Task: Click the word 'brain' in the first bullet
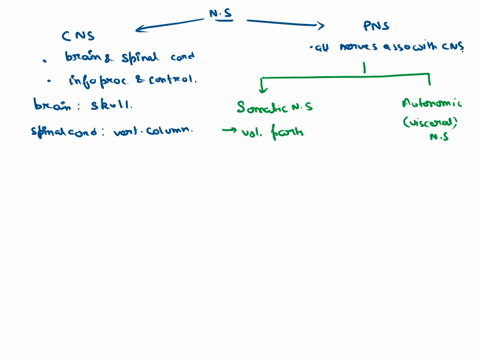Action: [77, 57]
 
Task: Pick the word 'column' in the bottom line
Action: [166, 128]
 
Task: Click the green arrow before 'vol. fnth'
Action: [232, 127]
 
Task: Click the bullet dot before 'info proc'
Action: [46, 81]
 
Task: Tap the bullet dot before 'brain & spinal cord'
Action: [46, 58]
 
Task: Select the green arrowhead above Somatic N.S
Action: [262, 88]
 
